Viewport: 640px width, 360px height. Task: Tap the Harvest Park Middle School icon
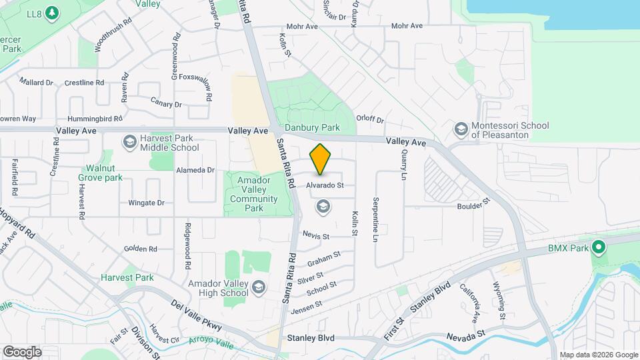click(x=129, y=142)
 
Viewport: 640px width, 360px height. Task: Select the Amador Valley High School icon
click(x=258, y=287)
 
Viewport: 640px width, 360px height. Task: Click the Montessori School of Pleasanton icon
click(x=461, y=129)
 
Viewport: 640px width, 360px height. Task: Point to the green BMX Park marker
click(x=599, y=248)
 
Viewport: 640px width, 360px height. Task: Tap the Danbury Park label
click(x=312, y=127)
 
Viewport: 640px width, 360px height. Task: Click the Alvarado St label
click(x=325, y=185)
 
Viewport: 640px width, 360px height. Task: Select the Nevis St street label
click(x=316, y=236)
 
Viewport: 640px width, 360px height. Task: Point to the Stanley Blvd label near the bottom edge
click(x=310, y=338)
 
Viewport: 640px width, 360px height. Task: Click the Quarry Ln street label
click(x=403, y=165)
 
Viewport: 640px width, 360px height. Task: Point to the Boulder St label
click(x=473, y=204)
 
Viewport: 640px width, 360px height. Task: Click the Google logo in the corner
click(x=21, y=351)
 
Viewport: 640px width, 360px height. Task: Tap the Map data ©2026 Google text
click(x=598, y=355)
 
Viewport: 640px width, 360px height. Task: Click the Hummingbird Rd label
click(x=90, y=119)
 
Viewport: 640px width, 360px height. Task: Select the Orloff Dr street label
click(x=371, y=120)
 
